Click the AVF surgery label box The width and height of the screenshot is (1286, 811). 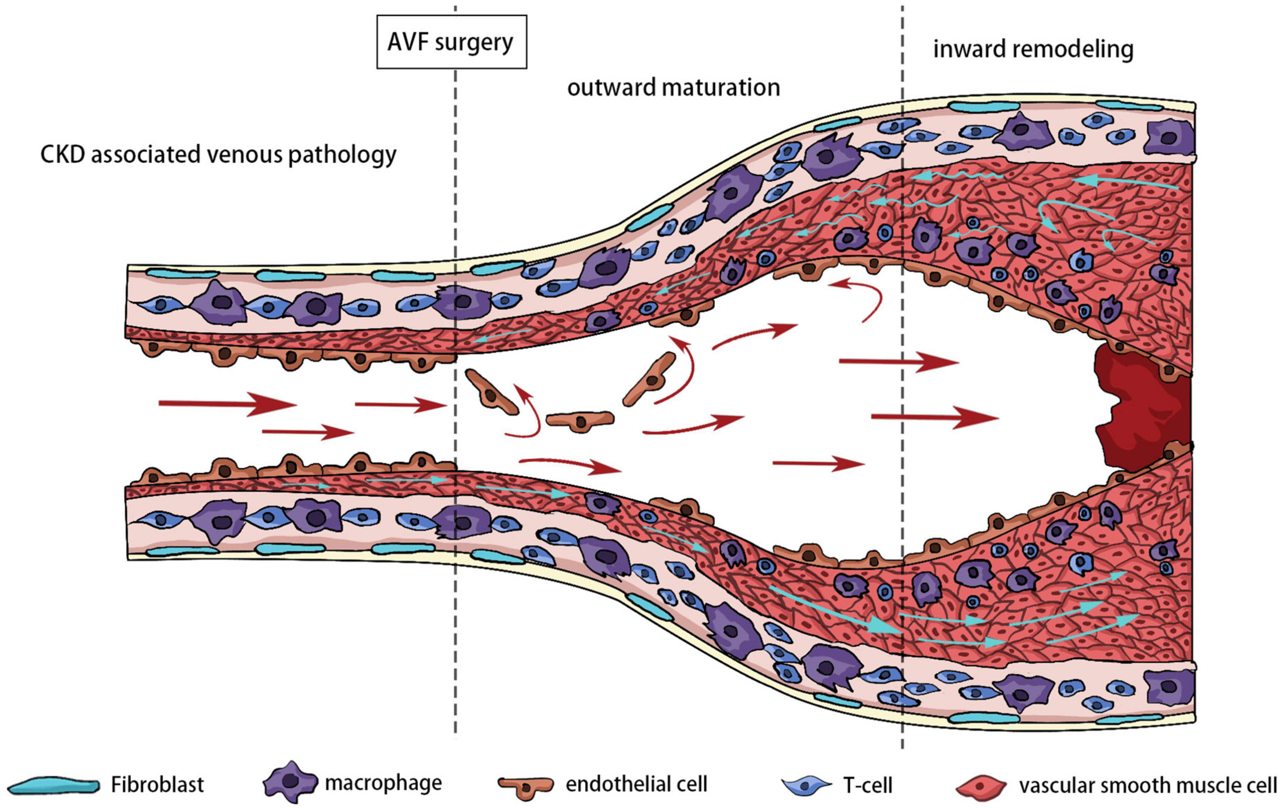pos(451,42)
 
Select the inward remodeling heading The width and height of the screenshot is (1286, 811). pos(1033,49)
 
